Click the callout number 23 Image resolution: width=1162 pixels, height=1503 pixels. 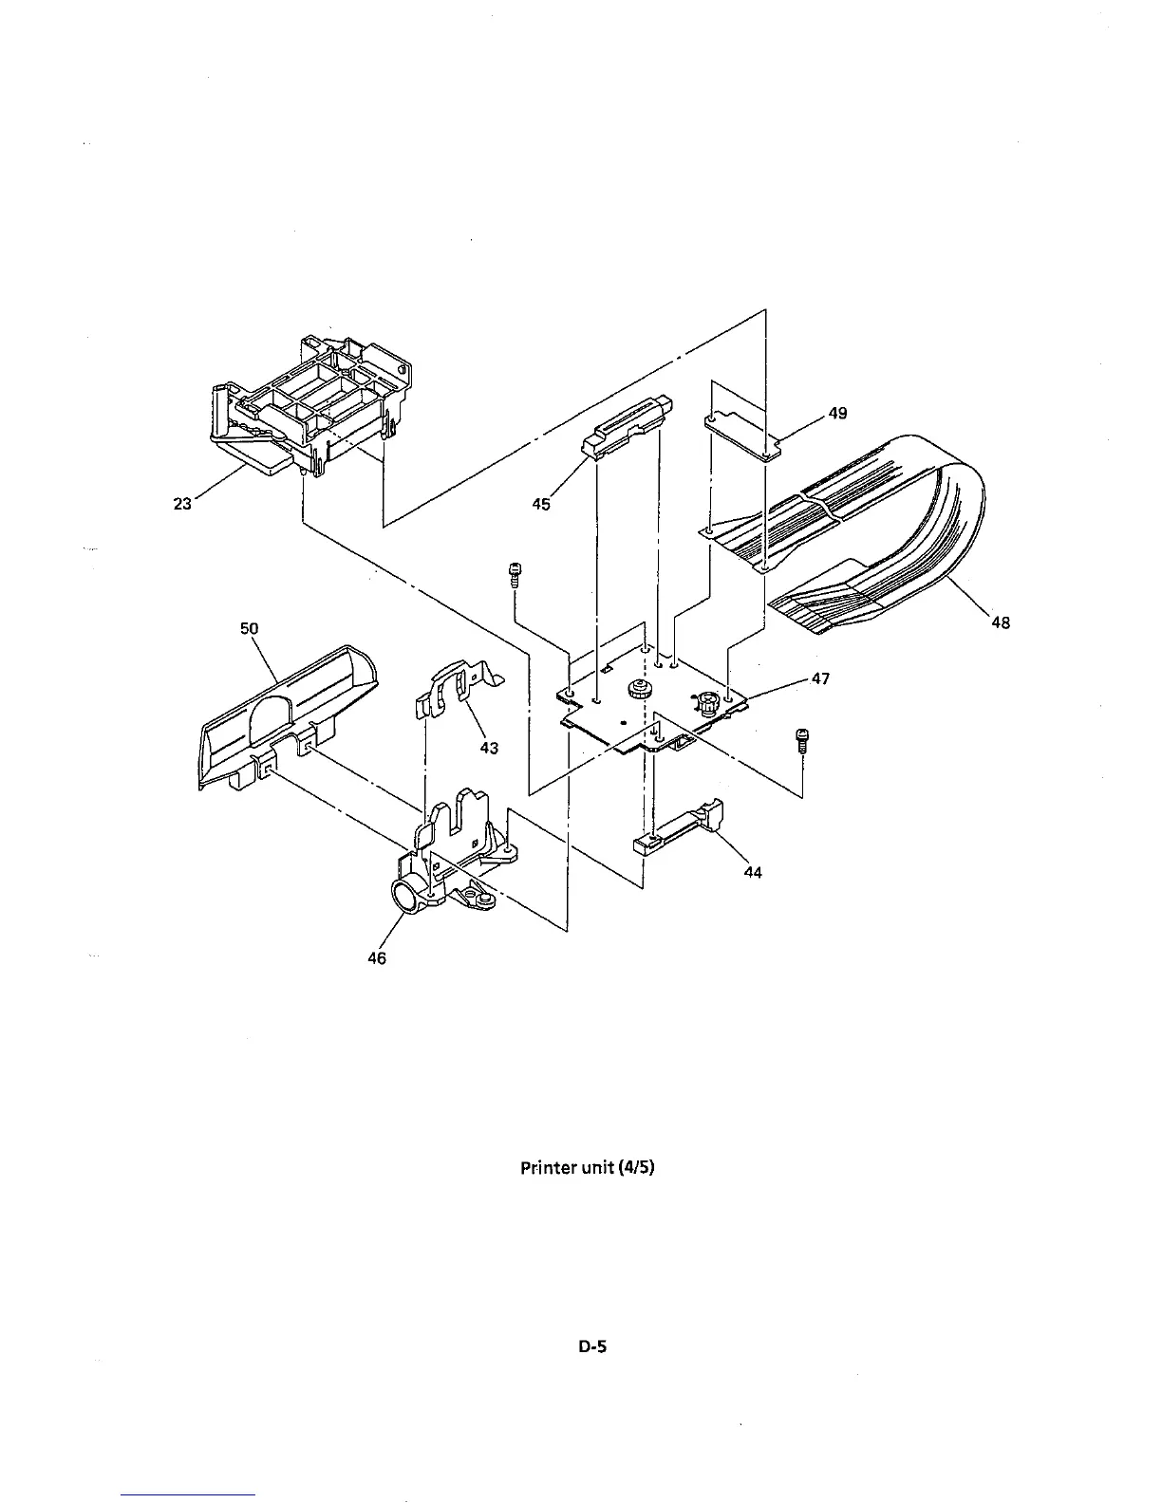coord(181,504)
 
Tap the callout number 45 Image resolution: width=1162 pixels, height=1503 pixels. coord(540,504)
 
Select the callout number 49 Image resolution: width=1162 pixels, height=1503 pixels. coord(836,413)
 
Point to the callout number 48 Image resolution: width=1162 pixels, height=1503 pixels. coord(1000,622)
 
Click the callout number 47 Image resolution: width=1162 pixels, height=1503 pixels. coord(820,678)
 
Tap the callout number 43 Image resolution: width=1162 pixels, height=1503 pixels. coord(488,748)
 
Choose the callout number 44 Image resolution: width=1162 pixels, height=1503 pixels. coord(752,872)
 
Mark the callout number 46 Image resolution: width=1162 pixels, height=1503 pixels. coord(377,958)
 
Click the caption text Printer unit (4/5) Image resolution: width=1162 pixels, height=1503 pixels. coord(587,1167)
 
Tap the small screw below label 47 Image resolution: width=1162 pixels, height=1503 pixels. coord(802,740)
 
